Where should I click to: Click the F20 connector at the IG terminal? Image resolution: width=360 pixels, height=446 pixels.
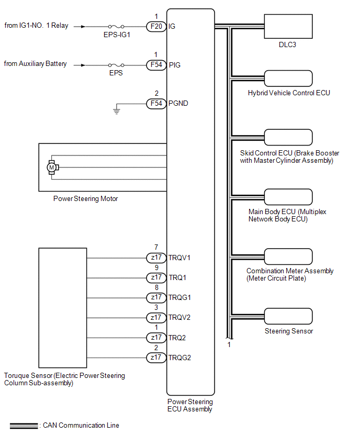[x=156, y=26]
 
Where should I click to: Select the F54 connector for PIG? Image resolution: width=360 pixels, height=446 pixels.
[x=156, y=65]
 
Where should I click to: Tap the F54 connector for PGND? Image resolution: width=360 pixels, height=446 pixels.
[x=156, y=104]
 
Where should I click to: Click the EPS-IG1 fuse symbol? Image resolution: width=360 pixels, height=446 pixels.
[x=116, y=26]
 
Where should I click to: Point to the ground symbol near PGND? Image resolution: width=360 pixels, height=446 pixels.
[x=117, y=110]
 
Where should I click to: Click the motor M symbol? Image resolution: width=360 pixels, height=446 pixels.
[x=51, y=167]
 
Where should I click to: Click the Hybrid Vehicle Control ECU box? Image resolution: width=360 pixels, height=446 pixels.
[x=288, y=78]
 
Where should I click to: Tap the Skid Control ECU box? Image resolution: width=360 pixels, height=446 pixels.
[x=288, y=138]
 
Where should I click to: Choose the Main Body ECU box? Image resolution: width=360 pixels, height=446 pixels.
[x=288, y=197]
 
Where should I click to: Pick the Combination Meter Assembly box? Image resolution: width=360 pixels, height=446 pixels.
[x=288, y=257]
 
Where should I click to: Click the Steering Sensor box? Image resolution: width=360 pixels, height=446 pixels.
[x=288, y=316]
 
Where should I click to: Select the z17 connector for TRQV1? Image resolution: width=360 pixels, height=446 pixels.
[x=156, y=258]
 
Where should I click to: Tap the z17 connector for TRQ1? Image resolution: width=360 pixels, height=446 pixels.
[x=156, y=277]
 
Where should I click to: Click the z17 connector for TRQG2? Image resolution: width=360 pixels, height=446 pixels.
[x=156, y=358]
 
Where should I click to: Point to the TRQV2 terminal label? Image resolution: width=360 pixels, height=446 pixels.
[x=179, y=318]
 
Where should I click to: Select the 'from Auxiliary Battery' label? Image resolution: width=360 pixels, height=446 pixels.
[x=36, y=64]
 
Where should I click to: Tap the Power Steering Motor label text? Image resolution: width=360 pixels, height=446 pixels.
[x=86, y=198]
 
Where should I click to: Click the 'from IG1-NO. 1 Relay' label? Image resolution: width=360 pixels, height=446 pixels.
[x=36, y=25]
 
